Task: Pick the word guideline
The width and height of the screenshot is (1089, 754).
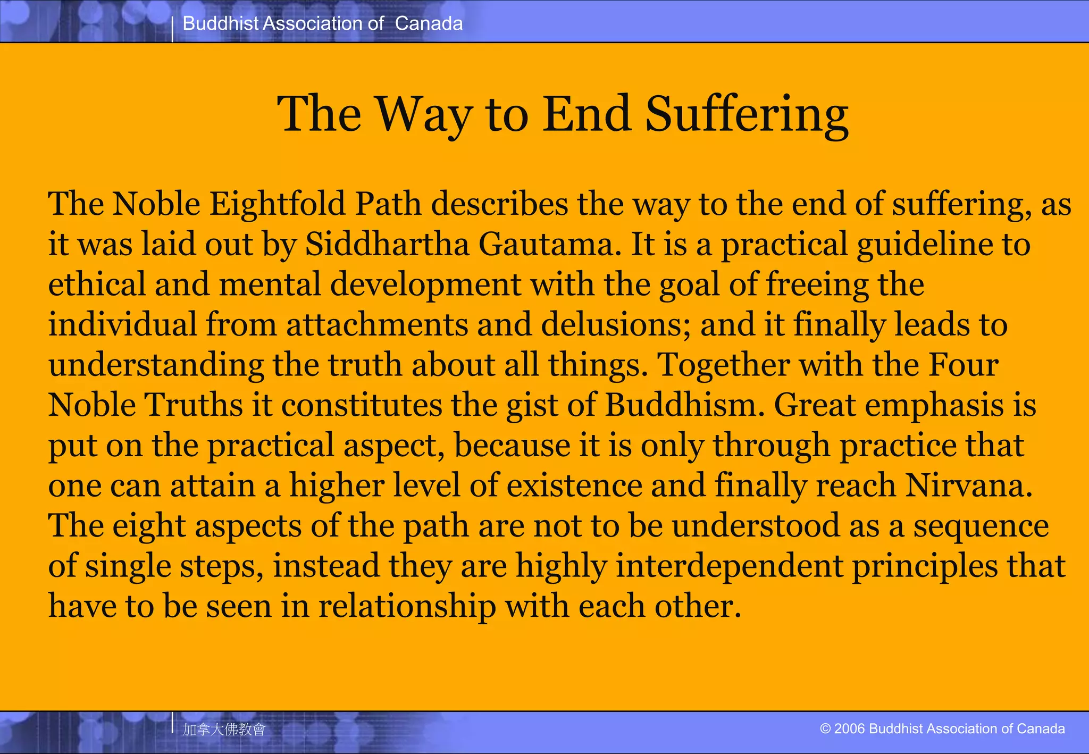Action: tap(925, 245)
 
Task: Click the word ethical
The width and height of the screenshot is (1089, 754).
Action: tap(97, 284)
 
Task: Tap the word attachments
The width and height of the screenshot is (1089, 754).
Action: tap(377, 325)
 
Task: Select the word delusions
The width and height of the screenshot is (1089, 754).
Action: tap(615, 325)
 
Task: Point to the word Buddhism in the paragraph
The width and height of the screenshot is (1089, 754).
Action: tap(684, 405)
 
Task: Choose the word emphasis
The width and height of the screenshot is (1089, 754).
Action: tap(934, 405)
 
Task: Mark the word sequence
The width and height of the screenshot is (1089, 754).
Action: tap(981, 526)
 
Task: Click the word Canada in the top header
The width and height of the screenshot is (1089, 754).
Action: tap(429, 23)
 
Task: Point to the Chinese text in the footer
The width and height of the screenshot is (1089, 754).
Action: tap(224, 729)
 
